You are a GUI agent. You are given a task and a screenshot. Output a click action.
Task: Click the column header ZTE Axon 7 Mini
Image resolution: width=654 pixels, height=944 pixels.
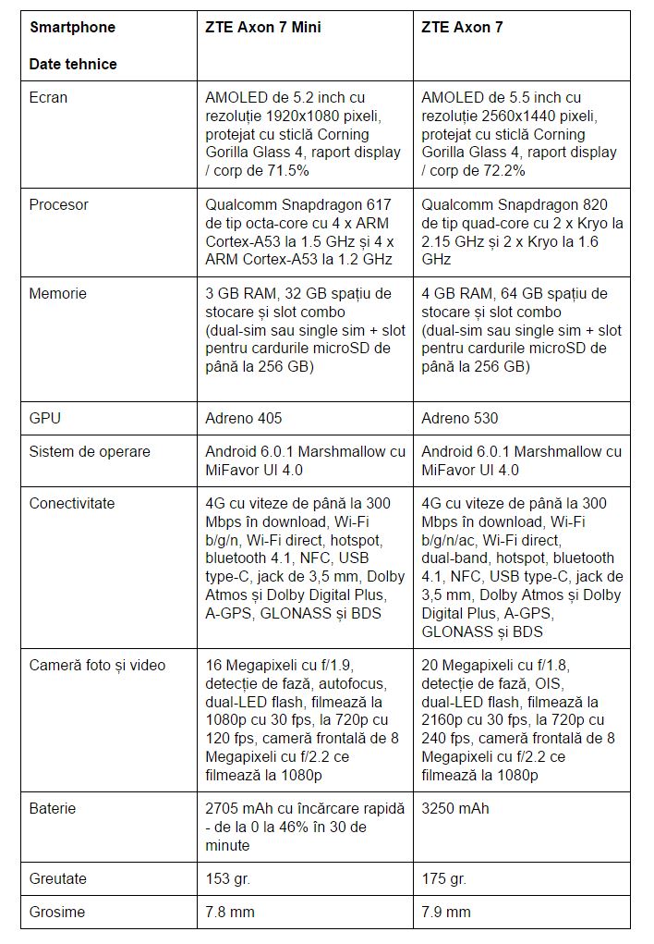click(263, 28)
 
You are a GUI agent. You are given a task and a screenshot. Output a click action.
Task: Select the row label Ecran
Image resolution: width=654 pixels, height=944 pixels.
click(48, 97)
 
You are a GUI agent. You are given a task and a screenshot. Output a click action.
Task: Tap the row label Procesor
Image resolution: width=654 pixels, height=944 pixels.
click(58, 204)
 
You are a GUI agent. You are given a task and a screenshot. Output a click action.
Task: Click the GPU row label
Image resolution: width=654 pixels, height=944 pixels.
click(44, 418)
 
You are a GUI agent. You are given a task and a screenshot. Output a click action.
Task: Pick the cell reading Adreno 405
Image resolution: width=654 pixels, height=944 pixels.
click(243, 418)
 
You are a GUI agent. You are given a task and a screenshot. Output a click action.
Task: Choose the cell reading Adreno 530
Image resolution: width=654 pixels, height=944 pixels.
click(459, 418)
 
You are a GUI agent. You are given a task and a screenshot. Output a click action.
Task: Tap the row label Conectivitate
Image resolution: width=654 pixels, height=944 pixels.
click(72, 503)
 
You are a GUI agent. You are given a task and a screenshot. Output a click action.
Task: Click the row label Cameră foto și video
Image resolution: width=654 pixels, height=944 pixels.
click(98, 665)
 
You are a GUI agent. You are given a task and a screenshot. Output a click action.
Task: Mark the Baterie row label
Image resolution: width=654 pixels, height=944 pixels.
click(53, 808)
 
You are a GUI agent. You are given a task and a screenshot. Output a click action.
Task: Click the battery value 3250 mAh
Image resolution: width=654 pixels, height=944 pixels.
click(455, 808)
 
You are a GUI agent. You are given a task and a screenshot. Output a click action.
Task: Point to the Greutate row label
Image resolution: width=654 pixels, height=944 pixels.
click(58, 878)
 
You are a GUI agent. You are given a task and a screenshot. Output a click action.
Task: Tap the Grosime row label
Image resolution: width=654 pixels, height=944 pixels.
click(57, 912)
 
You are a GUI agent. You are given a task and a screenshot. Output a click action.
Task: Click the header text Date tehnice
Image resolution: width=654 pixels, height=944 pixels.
click(73, 64)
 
